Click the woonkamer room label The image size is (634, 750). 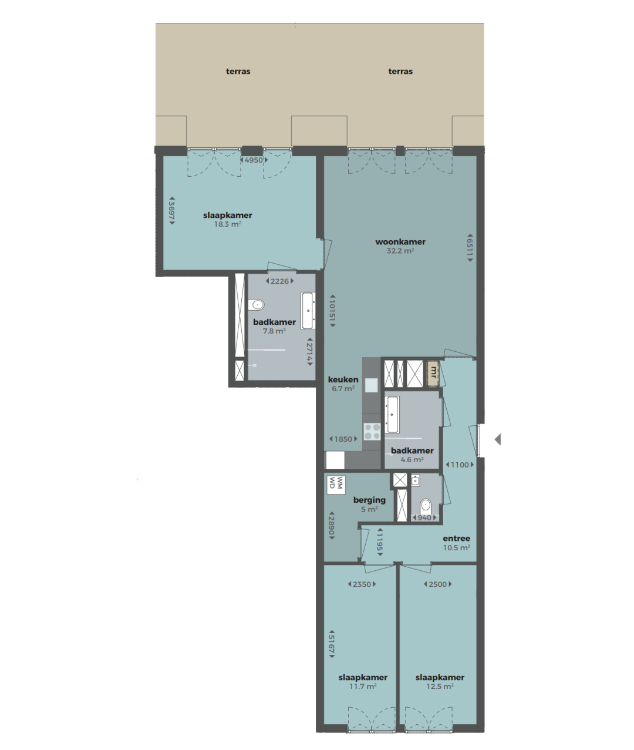400,241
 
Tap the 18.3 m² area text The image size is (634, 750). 227,224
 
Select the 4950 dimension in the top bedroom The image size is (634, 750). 254,160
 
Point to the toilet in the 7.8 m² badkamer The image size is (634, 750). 256,305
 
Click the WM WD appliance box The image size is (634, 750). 336,485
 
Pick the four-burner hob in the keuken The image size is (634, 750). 372,432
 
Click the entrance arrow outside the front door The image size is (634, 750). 498,439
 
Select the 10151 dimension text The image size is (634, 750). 332,311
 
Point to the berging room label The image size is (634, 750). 369,500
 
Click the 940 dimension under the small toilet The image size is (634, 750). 424,518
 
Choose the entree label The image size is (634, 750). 456,539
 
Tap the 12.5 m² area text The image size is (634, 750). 440,687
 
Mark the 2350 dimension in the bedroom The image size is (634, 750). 362,584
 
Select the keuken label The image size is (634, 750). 343,379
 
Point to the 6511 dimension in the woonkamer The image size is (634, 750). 470,247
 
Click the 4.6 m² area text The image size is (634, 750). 412,460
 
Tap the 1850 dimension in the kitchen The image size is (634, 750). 343,439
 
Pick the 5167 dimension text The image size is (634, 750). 332,644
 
